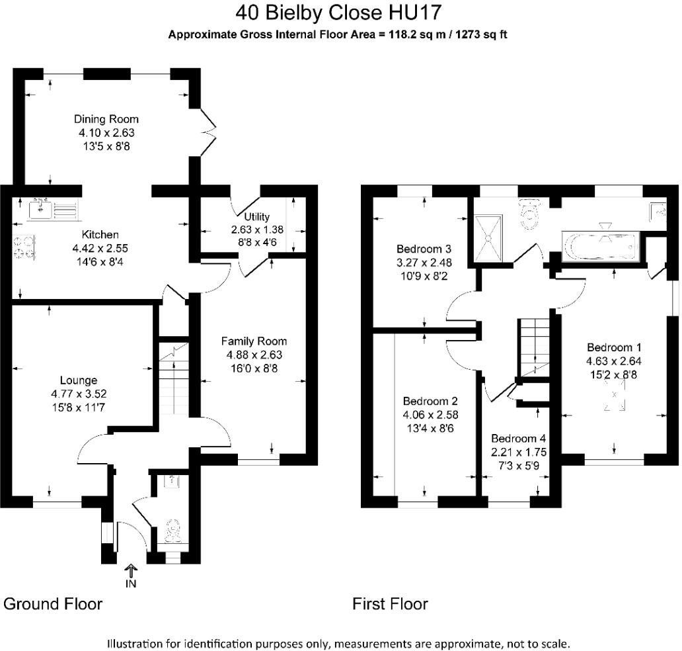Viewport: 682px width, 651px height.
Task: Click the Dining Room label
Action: (x=106, y=119)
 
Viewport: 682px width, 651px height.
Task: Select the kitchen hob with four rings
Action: (x=24, y=247)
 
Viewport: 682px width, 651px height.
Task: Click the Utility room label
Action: (x=256, y=216)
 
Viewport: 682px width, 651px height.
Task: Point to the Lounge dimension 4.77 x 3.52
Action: (x=79, y=394)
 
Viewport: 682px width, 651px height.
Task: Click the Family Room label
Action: (x=254, y=341)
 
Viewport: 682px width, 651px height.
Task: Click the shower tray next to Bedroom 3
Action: (x=488, y=239)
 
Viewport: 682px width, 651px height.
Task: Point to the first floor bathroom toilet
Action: (x=529, y=214)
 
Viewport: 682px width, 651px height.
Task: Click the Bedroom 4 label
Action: (x=519, y=438)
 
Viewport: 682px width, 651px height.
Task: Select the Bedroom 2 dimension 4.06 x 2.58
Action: (x=431, y=415)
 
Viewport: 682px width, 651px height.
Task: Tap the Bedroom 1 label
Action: (x=614, y=347)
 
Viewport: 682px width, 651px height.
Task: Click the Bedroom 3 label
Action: (x=424, y=249)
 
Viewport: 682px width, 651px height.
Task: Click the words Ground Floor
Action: (x=53, y=604)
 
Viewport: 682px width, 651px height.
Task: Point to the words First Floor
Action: (x=390, y=604)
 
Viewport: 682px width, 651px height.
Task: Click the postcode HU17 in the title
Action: (x=415, y=12)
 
